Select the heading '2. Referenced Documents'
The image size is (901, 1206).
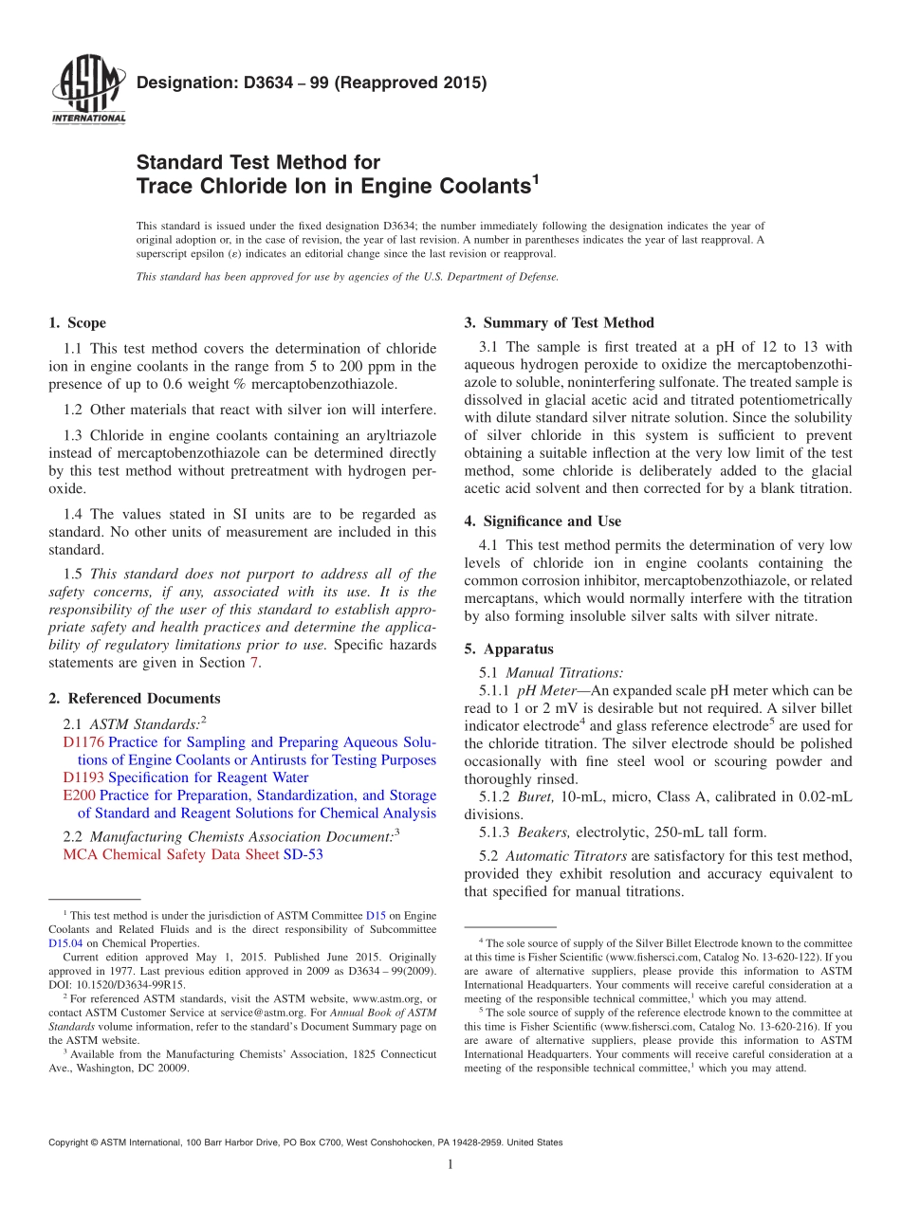[135, 699]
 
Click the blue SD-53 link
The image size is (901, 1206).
[303, 854]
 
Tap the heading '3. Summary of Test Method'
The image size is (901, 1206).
[559, 323]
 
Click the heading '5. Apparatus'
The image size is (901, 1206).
[508, 649]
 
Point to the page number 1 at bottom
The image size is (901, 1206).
[450, 1164]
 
